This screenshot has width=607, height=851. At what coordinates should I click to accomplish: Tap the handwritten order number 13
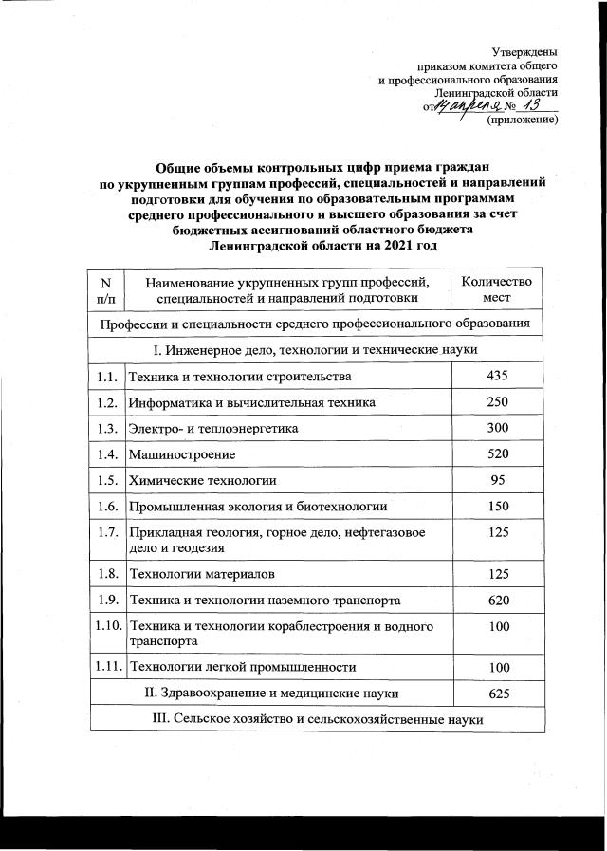[529, 107]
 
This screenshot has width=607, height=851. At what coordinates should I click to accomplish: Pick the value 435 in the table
[497, 377]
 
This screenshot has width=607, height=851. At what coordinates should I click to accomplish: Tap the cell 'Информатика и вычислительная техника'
[252, 403]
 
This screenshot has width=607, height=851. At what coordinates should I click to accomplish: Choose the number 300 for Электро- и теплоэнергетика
[497, 429]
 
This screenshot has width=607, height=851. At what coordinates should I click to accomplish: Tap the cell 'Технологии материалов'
[201, 574]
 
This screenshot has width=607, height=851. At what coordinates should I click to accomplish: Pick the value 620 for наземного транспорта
[497, 601]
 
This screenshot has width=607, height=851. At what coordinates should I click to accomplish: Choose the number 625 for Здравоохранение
[497, 694]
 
